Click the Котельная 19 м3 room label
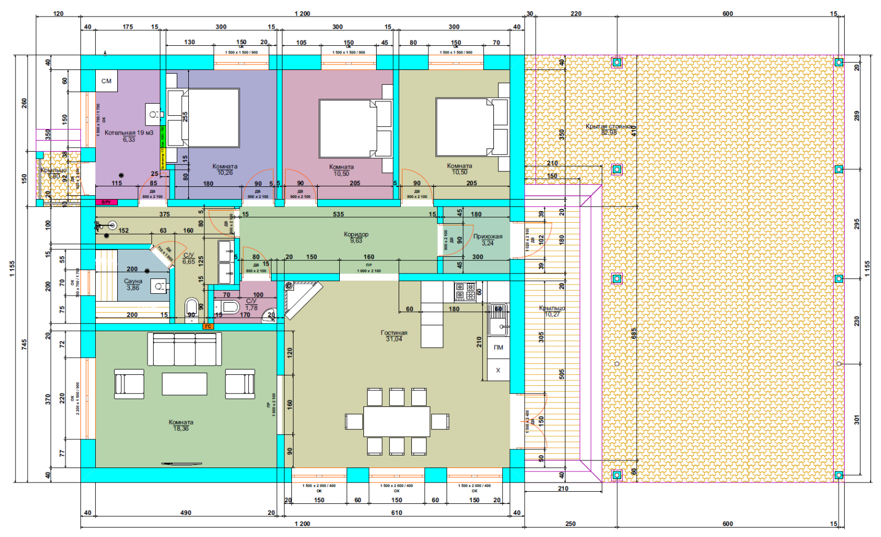[x=129, y=133]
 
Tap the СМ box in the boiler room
[x=106, y=81]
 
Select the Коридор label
[x=356, y=234]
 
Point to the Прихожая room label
[x=488, y=237]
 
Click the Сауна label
[x=133, y=281]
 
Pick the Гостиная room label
[x=394, y=332]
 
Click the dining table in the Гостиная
[x=396, y=421]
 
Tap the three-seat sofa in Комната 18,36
[x=184, y=348]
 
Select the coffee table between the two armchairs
[x=184, y=384]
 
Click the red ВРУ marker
[x=106, y=202]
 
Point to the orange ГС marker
[x=208, y=326]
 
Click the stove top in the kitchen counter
[x=465, y=291]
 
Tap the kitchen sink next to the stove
[x=499, y=321]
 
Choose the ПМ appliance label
[x=498, y=347]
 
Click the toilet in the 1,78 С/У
[x=230, y=307]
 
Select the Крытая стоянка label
[x=609, y=126]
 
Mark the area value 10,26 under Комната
[x=225, y=173]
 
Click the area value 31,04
[x=394, y=339]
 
